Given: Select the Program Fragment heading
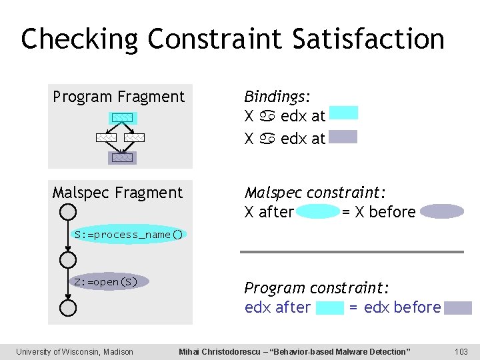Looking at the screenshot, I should pyautogui.click(x=119, y=97).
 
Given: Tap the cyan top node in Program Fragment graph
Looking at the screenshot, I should pyautogui.click(x=122, y=118).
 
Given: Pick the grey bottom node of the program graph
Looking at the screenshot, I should pyautogui.click(x=122, y=158).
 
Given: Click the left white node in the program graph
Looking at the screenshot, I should pyautogui.click(x=105, y=138).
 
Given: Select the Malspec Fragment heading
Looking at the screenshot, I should pyautogui.click(x=117, y=193).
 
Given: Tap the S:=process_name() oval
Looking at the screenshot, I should pyautogui.click(x=129, y=235).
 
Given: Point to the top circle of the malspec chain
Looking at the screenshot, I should pyautogui.click(x=68, y=211).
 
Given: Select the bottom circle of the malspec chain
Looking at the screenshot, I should pyautogui.click(x=68, y=307).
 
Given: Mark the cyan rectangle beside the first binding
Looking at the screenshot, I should pyautogui.click(x=343, y=113).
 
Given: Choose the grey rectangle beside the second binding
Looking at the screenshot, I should pyautogui.click(x=343, y=137).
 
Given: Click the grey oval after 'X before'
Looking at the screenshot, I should pyautogui.click(x=441, y=212).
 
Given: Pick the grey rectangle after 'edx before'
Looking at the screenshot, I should pyautogui.click(x=458, y=307).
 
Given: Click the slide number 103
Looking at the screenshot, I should pyautogui.click(x=460, y=351).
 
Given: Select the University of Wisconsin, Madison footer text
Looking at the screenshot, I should pyautogui.click(x=75, y=351).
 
